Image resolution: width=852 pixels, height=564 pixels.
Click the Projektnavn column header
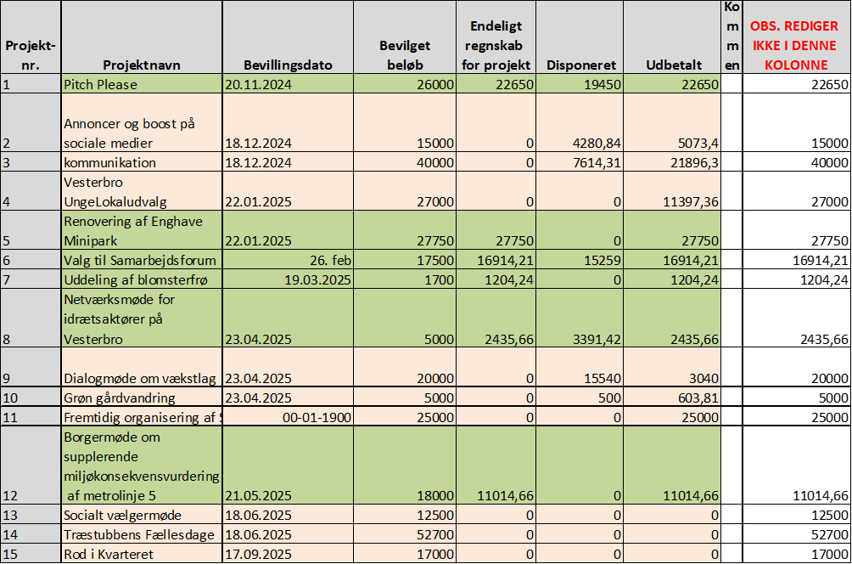click(x=142, y=65)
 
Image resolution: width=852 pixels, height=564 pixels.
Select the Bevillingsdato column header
click(x=288, y=65)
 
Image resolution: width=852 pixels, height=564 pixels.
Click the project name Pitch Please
click(x=100, y=84)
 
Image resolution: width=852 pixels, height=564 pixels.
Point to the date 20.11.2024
click(x=259, y=84)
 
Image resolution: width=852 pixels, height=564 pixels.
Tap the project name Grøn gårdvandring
click(x=119, y=398)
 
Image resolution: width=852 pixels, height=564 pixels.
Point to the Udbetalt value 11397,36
click(x=682, y=201)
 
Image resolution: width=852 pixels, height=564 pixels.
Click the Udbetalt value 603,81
click(x=696, y=398)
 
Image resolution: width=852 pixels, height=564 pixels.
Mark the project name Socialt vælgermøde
click(x=122, y=516)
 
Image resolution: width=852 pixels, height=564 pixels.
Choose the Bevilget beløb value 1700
click(x=439, y=279)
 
